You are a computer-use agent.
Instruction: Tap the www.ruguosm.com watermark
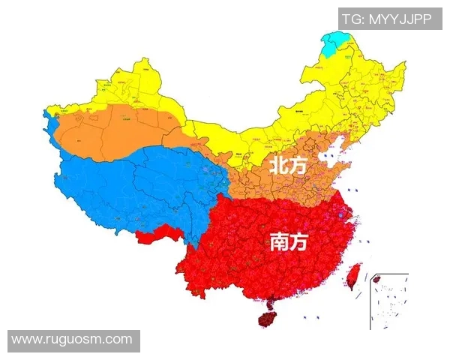click(x=72, y=340)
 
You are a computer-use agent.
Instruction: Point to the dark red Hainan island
click(x=269, y=317)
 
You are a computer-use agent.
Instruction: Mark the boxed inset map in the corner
click(x=388, y=300)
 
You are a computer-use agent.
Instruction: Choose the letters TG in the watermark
click(x=350, y=19)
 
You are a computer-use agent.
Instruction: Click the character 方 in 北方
click(x=299, y=163)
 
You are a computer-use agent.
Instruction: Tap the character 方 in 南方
click(x=298, y=241)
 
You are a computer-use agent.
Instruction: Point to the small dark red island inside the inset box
click(x=377, y=279)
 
